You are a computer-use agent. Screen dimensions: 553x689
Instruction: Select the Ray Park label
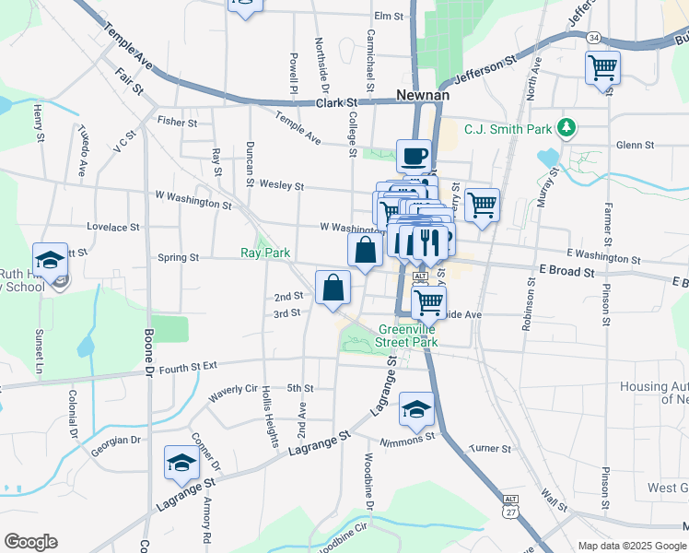pos(265,252)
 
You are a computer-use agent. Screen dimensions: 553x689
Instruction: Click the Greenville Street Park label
pos(408,335)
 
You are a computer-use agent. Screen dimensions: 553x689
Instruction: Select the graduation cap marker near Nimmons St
pos(416,408)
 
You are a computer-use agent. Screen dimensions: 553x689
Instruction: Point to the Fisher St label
pos(178,121)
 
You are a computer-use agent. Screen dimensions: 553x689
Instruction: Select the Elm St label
pos(390,16)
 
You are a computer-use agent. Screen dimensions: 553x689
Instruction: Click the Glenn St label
pos(635,145)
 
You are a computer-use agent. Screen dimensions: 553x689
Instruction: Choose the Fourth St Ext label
pos(188,368)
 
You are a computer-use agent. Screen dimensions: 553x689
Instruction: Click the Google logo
pos(30,542)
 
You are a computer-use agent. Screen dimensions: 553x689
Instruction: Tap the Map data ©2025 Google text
pos(632,546)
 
